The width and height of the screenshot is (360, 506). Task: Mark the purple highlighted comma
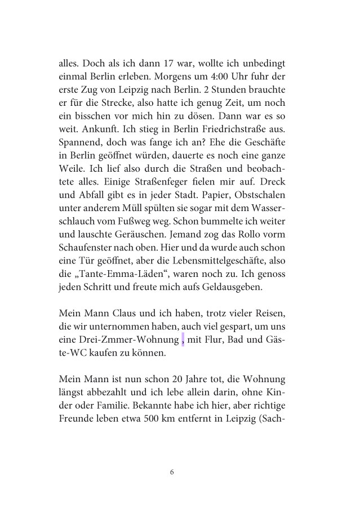(183, 341)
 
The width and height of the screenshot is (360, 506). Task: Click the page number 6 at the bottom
(172, 472)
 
